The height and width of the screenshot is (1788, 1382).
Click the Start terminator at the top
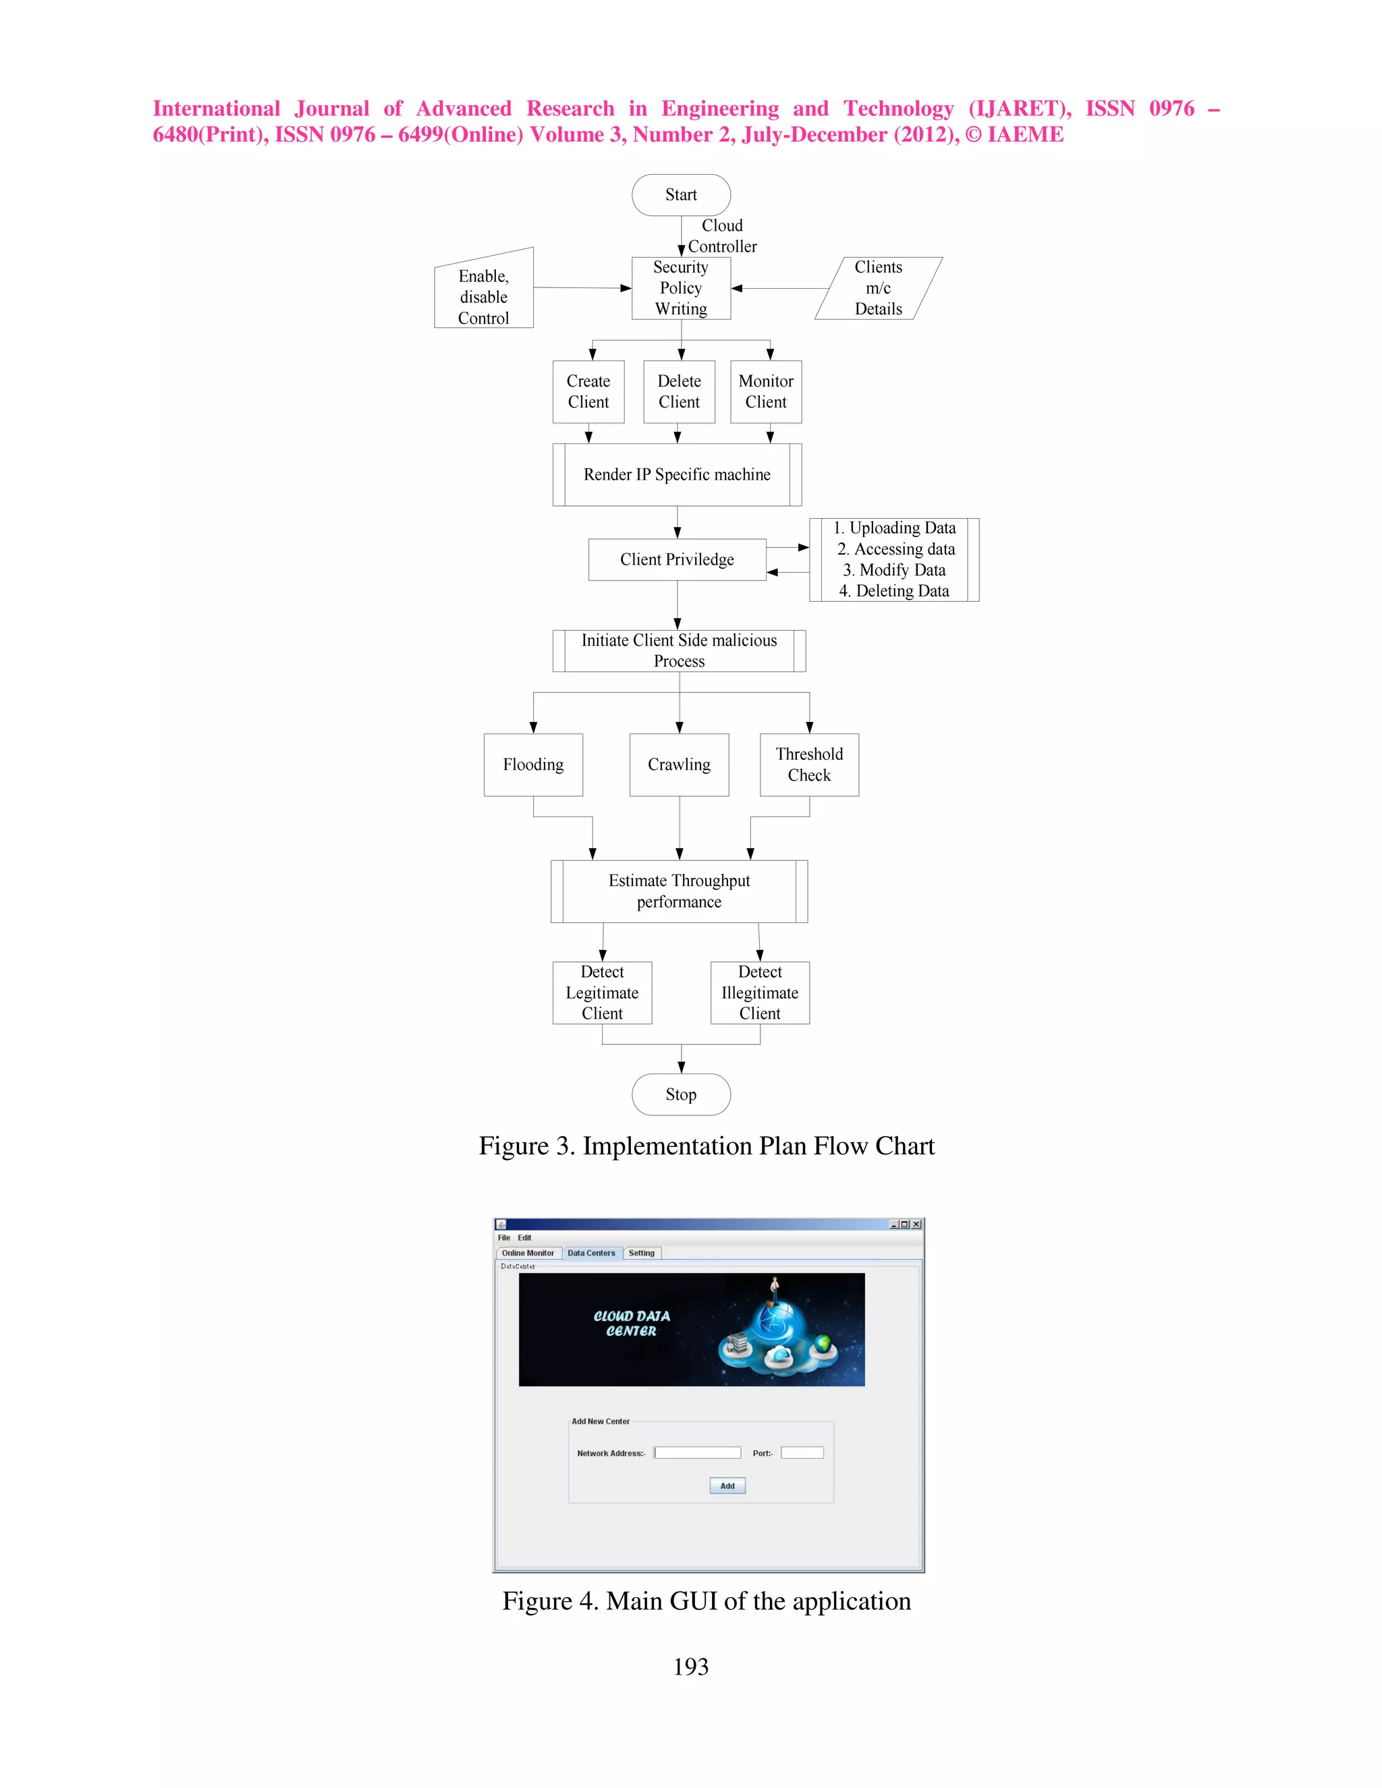pyautogui.click(x=680, y=195)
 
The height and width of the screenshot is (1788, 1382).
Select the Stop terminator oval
pyautogui.click(x=680, y=1094)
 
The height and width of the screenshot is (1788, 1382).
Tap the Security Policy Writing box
pyautogui.click(x=680, y=288)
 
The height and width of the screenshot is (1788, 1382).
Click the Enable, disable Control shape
pyautogui.click(x=483, y=296)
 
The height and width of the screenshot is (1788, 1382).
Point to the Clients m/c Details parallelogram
pyautogui.click(x=878, y=288)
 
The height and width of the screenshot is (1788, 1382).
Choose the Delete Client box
pyautogui.click(x=679, y=391)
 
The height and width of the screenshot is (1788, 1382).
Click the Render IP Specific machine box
pyautogui.click(x=677, y=475)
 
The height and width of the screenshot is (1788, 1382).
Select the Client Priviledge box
pyautogui.click(x=677, y=559)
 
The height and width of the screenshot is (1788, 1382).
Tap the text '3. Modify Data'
pyautogui.click(x=894, y=570)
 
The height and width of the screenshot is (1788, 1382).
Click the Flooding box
pyautogui.click(x=533, y=764)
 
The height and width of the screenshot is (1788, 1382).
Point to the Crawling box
pyautogui.click(x=679, y=764)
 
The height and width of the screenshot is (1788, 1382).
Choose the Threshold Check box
pyautogui.click(x=809, y=764)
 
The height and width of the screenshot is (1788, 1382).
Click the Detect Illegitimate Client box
pyautogui.click(x=760, y=993)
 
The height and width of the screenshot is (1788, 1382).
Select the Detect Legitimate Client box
pyautogui.click(x=602, y=993)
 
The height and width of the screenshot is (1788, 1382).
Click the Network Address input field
pyautogui.click(x=698, y=1453)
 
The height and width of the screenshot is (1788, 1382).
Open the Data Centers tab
pyautogui.click(x=591, y=1252)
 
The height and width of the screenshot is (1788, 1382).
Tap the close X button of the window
pyautogui.click(x=916, y=1224)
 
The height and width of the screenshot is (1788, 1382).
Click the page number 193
pyautogui.click(x=690, y=1666)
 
